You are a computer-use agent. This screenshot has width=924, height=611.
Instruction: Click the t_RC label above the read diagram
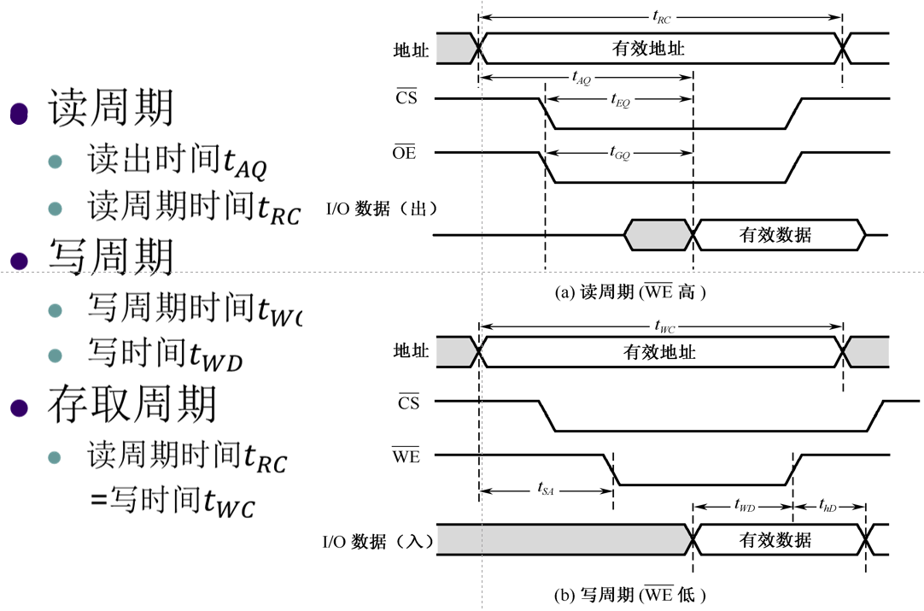661,16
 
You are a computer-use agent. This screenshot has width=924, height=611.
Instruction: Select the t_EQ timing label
621,101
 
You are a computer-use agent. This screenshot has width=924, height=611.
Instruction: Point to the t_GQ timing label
620,154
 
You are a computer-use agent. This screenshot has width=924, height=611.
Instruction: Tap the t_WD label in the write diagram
744,507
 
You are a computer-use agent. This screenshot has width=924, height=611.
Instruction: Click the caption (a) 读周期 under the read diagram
631,292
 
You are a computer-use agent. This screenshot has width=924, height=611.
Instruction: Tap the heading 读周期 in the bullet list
110,108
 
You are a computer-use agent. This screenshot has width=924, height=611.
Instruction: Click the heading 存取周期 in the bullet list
132,403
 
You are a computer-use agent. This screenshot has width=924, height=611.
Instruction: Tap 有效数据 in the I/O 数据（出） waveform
775,235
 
